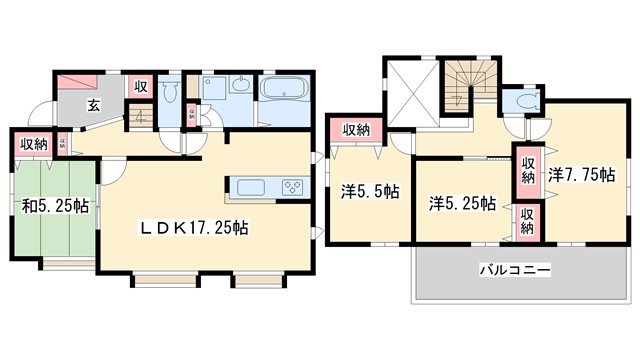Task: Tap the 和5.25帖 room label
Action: (55, 207)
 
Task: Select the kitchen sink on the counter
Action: (249, 185)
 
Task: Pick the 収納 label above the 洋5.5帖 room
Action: (357, 129)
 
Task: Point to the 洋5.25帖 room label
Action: (463, 203)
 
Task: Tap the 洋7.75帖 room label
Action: (580, 172)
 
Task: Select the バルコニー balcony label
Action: (515, 269)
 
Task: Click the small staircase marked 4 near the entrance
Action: (141, 114)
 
